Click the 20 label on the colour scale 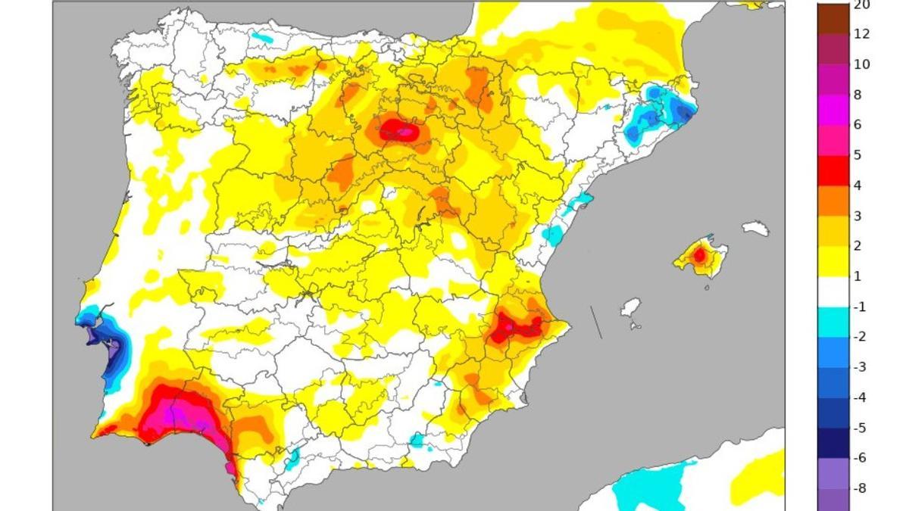coord(861,5)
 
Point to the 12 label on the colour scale coord(861,34)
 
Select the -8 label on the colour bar coord(861,488)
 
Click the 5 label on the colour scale coord(857,155)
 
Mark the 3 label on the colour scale coord(857,216)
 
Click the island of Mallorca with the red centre coord(700,257)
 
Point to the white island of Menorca coord(755,228)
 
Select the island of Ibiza coord(630,308)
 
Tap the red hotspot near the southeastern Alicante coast coord(515,328)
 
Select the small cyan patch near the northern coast coord(261,36)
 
